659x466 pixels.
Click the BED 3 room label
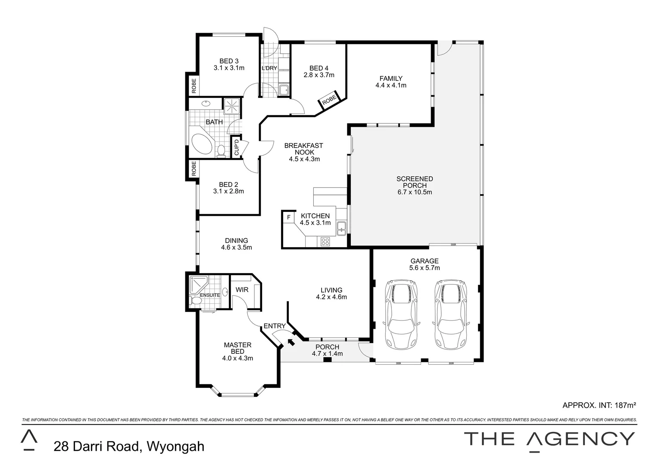pyautogui.click(x=229, y=61)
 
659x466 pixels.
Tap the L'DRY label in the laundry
pyautogui.click(x=269, y=68)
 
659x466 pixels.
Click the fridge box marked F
pyautogui.click(x=288, y=217)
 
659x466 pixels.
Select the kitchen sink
pyautogui.click(x=341, y=227)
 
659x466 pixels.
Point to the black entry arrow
pyautogui.click(x=291, y=342)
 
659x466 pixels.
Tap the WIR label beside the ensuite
pyautogui.click(x=242, y=290)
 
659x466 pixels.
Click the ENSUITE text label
pyautogui.click(x=210, y=295)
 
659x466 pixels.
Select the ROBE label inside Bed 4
pyautogui.click(x=329, y=99)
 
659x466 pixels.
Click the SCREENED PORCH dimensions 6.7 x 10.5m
pyautogui.click(x=415, y=192)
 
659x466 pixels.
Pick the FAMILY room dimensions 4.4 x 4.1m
pyautogui.click(x=391, y=85)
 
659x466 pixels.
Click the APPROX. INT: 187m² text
pyautogui.click(x=600, y=405)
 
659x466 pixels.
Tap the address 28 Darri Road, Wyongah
pyautogui.click(x=129, y=446)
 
